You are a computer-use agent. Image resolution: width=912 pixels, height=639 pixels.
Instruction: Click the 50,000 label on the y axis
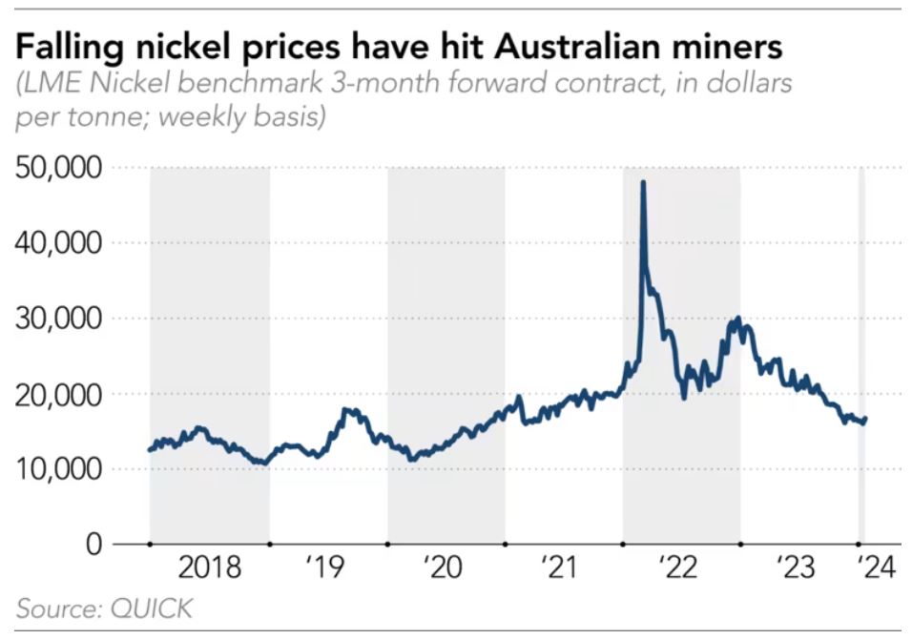point(59,168)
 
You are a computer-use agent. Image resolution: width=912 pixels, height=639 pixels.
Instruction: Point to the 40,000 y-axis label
point(59,243)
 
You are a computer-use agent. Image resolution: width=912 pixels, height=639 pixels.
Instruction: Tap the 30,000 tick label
point(59,319)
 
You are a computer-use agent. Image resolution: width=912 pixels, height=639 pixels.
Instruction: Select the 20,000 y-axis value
point(59,394)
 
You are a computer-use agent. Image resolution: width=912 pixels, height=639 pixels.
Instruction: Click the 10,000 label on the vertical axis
point(59,469)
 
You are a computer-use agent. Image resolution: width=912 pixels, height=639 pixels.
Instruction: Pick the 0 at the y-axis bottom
point(93,545)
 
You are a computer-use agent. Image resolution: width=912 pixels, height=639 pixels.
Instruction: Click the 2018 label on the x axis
point(210,569)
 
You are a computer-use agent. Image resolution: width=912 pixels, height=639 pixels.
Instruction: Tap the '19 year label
point(327,569)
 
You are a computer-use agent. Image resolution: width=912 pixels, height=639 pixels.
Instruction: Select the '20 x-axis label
point(446,569)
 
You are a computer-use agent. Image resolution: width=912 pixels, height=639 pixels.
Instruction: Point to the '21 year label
point(562,569)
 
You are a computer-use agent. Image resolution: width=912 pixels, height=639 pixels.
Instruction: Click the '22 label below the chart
point(681,569)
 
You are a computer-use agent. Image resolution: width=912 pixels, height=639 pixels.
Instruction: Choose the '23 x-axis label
point(798,569)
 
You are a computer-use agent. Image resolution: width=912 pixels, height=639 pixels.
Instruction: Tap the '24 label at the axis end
point(875,569)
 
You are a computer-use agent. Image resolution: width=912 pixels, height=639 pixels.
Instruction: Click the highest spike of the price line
point(643,181)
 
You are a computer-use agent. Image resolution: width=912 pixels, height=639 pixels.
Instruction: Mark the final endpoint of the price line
point(865,418)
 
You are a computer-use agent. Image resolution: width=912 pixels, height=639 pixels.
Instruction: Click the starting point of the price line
point(150,449)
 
